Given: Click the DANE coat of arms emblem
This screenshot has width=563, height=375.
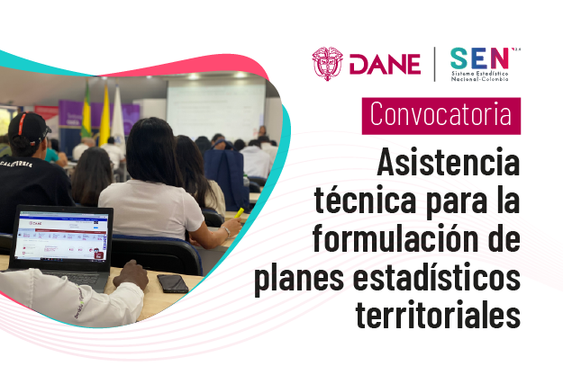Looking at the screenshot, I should [x=327, y=64].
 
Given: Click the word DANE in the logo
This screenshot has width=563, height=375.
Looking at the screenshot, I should [x=384, y=65].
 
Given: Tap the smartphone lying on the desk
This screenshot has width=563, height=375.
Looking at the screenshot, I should [x=172, y=283].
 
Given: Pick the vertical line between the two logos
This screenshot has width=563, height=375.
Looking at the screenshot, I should [x=435, y=64].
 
